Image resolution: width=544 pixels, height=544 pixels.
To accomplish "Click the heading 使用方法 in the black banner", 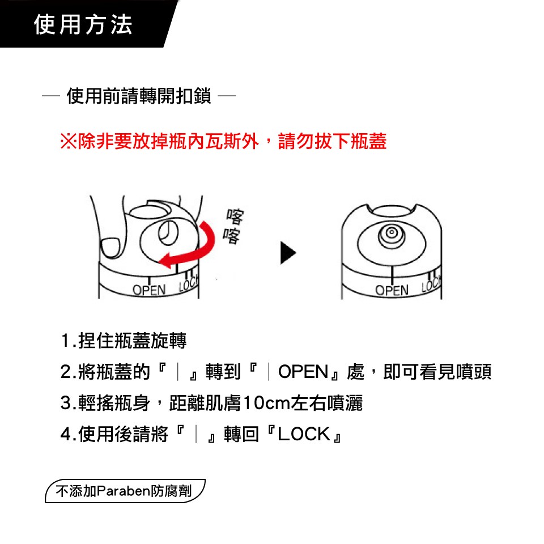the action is click(x=83, y=24).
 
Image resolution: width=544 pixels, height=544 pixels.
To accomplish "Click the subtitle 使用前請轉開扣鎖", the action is click(x=139, y=96).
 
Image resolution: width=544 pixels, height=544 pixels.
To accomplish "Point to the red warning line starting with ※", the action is click(x=223, y=141).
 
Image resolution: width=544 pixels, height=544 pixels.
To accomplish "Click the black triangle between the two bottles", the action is click(x=288, y=253).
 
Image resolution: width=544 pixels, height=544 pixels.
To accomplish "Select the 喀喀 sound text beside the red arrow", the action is click(x=233, y=226).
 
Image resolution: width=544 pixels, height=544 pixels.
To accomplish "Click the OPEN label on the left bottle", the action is click(x=149, y=290).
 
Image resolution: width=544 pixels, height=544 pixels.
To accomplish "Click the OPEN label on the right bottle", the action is click(x=392, y=290).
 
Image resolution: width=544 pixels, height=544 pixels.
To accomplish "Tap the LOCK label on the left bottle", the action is click(x=188, y=283).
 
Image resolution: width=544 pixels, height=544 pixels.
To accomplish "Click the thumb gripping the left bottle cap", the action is click(x=110, y=248).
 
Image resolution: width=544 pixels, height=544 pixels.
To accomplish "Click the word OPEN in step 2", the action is click(x=303, y=372).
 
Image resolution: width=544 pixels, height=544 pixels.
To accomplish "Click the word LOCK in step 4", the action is click(x=304, y=434).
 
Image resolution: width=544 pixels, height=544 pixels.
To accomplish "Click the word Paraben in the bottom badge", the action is click(x=123, y=491).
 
